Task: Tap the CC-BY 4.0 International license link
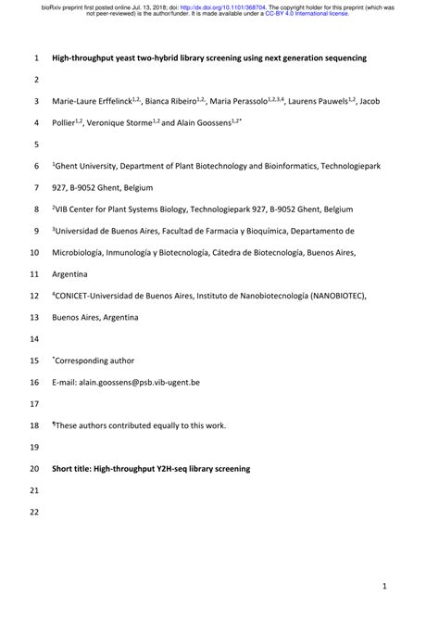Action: coord(309,15)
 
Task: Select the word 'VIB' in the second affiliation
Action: coord(65,209)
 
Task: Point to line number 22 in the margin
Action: coord(33,513)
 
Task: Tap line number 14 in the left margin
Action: coord(33,339)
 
